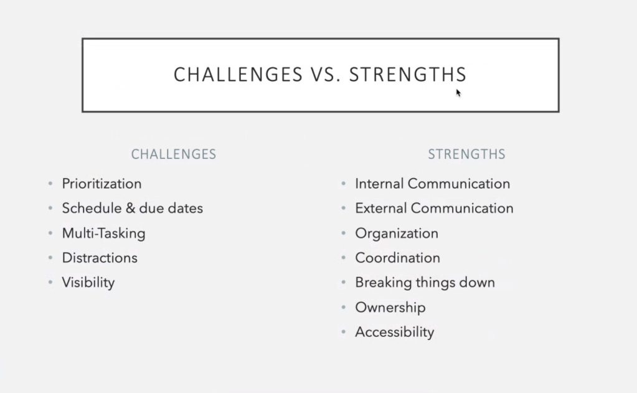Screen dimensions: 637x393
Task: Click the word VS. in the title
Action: tap(326, 75)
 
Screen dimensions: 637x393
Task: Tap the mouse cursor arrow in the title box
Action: tap(458, 93)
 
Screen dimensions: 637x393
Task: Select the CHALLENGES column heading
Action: tap(174, 154)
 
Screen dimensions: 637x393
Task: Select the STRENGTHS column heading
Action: tap(466, 154)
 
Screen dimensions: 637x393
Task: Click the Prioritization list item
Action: tap(101, 184)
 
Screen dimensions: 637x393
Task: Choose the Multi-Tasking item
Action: tap(103, 234)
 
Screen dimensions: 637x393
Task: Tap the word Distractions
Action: tap(100, 258)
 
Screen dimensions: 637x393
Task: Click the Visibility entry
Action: tap(88, 283)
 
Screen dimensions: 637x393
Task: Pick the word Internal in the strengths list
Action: tap(379, 184)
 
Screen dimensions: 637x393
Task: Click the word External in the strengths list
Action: tap(380, 209)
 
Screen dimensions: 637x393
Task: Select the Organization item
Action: tap(397, 234)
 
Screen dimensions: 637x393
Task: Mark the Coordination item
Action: tap(397, 258)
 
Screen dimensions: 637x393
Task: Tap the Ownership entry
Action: tap(390, 308)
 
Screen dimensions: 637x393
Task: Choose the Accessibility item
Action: tap(395, 333)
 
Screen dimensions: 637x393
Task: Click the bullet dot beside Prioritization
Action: tap(50, 184)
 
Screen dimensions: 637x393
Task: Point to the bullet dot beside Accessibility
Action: tap(343, 332)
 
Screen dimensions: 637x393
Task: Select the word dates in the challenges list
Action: tap(186, 209)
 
